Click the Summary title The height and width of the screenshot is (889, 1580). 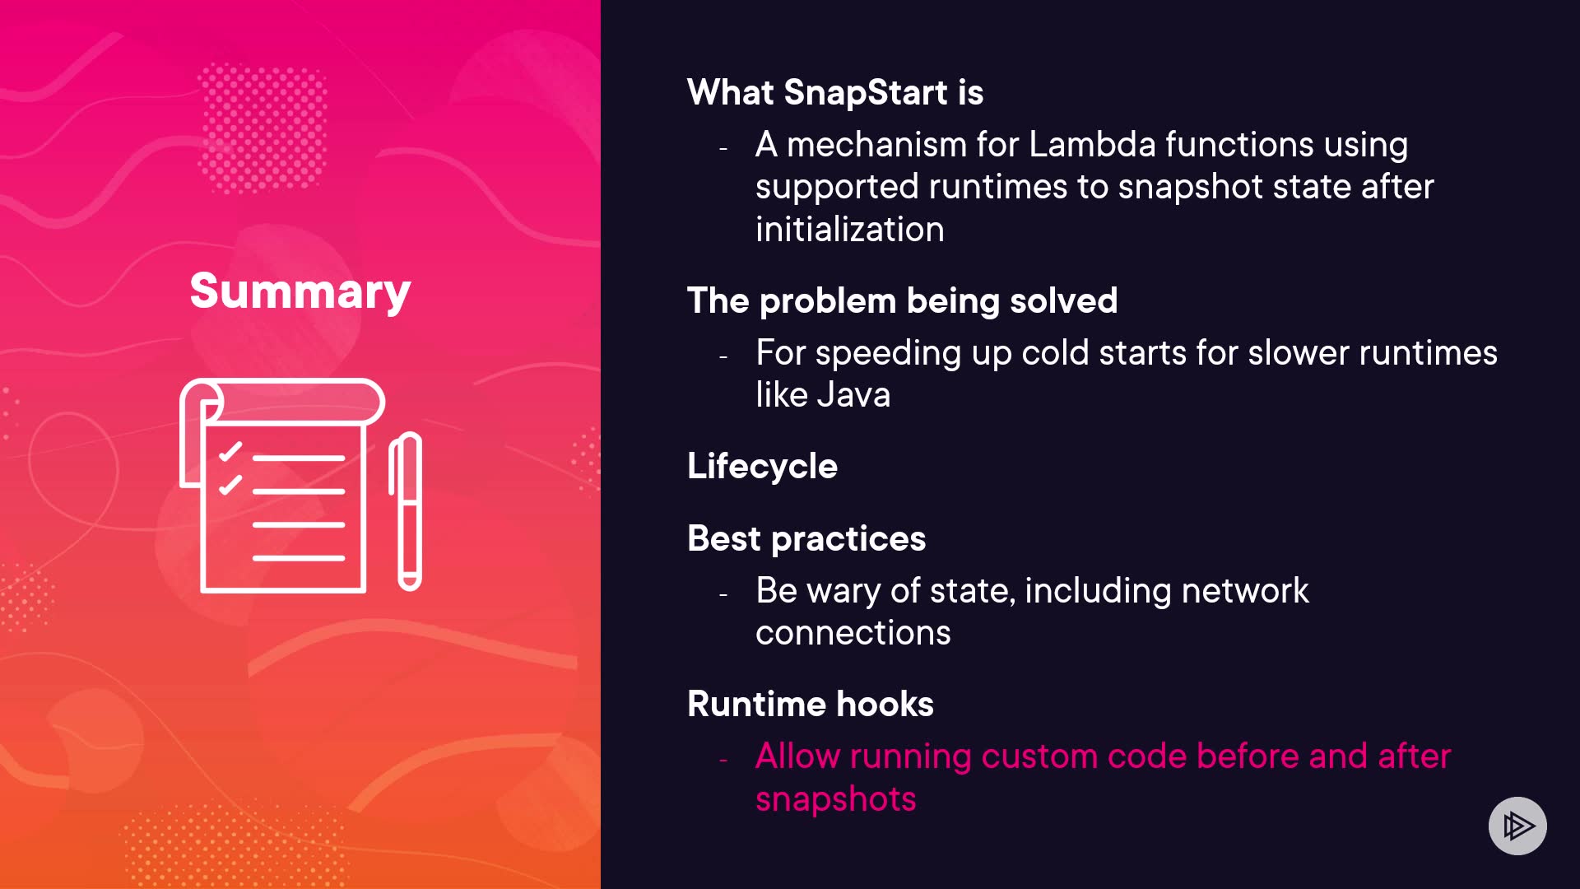tap(300, 291)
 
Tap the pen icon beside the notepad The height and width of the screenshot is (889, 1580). tap(406, 511)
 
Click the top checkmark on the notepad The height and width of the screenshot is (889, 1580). tap(230, 451)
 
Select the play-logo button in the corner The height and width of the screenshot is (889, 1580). tap(1517, 826)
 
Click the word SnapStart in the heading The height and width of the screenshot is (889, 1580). tap(866, 92)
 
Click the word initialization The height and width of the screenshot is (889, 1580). tap(850, 229)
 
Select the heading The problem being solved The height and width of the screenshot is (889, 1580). tap(903, 300)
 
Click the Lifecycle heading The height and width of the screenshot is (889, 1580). tap(763, 467)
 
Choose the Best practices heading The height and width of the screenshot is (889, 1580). tap(806, 539)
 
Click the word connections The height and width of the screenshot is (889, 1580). tap(853, 633)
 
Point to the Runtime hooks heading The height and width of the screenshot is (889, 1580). tap(811, 704)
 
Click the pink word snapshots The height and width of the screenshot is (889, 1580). tap(836, 799)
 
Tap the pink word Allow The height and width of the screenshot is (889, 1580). tap(797, 756)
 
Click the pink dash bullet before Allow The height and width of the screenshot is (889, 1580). tap(723, 761)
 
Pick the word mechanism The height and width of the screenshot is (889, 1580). tap(876, 144)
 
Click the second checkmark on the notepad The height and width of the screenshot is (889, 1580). tap(230, 485)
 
